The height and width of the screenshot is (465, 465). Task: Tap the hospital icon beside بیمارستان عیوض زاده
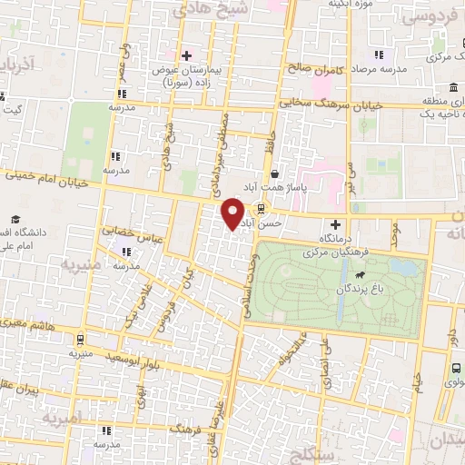pyautogui.click(x=187, y=55)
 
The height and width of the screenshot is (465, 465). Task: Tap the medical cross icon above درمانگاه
pyautogui.click(x=336, y=223)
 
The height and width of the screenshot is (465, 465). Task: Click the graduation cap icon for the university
pyautogui.click(x=16, y=221)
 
